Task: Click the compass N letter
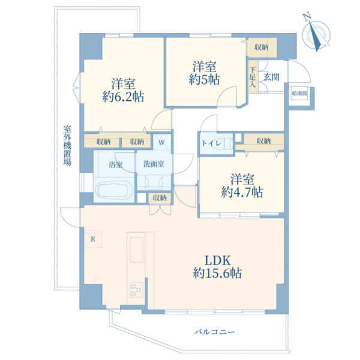point(307,17)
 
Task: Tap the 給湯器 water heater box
point(299,94)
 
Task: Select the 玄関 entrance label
point(271,77)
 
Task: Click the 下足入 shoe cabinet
point(253,76)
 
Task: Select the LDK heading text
point(217,260)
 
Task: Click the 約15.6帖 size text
point(217,273)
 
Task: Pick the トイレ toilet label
point(212,144)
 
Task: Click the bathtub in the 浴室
point(114,190)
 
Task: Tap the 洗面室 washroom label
point(154,164)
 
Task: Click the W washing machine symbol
point(161,142)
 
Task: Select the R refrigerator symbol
point(93,239)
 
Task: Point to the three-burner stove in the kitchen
point(136,290)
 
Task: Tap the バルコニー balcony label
point(214,332)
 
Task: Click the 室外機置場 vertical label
point(67,146)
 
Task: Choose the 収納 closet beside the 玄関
point(262,47)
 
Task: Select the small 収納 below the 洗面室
point(160,198)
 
